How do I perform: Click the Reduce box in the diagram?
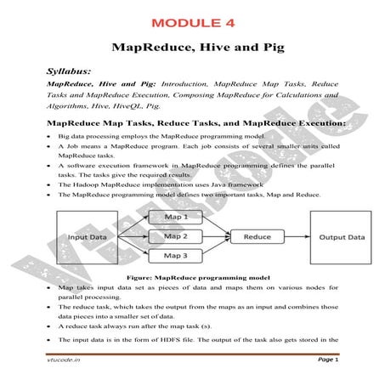click(x=257, y=236)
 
